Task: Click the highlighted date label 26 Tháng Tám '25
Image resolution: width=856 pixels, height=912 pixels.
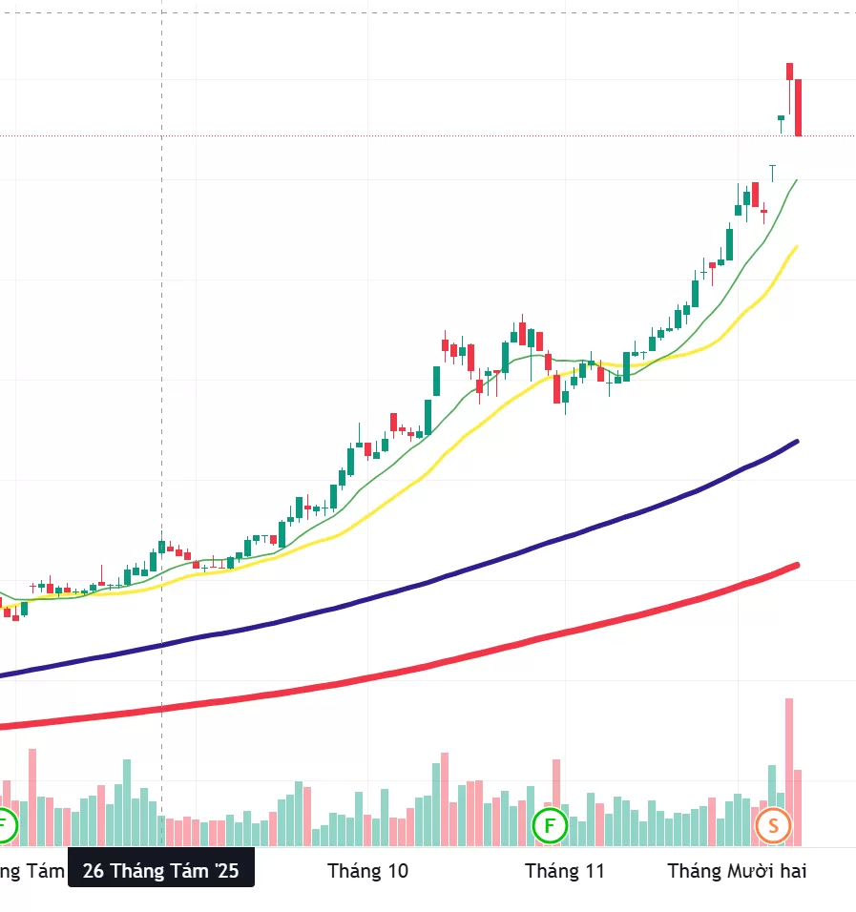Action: [x=160, y=870]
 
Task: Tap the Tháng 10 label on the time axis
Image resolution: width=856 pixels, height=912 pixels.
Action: [x=367, y=870]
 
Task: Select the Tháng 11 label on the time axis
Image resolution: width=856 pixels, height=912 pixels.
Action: [x=565, y=870]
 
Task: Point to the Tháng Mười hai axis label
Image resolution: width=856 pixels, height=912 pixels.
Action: [x=737, y=870]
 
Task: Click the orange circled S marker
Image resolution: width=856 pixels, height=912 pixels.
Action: [x=773, y=825]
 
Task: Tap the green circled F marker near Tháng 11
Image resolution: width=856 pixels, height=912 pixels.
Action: [x=550, y=825]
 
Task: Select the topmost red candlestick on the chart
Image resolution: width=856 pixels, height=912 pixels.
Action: [x=790, y=71]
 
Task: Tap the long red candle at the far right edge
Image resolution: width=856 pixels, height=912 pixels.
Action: [x=799, y=107]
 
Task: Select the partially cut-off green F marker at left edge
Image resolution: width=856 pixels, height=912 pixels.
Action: [x=6, y=825]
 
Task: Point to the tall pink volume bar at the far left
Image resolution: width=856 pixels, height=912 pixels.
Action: [x=31, y=797]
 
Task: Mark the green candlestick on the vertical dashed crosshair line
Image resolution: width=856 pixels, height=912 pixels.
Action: [x=161, y=547]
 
